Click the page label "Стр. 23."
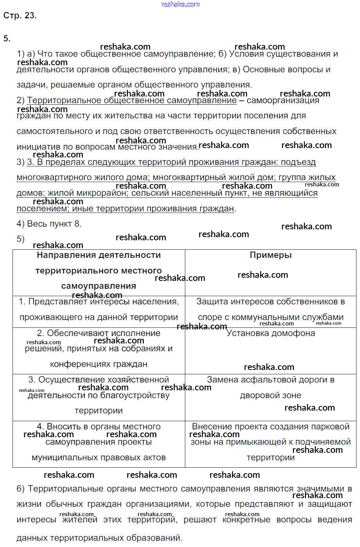[x=20, y=16]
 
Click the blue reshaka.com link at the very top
[x=180, y=4]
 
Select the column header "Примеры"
[x=270, y=255]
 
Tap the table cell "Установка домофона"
[x=270, y=333]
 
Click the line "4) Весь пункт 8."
[x=49, y=224]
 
